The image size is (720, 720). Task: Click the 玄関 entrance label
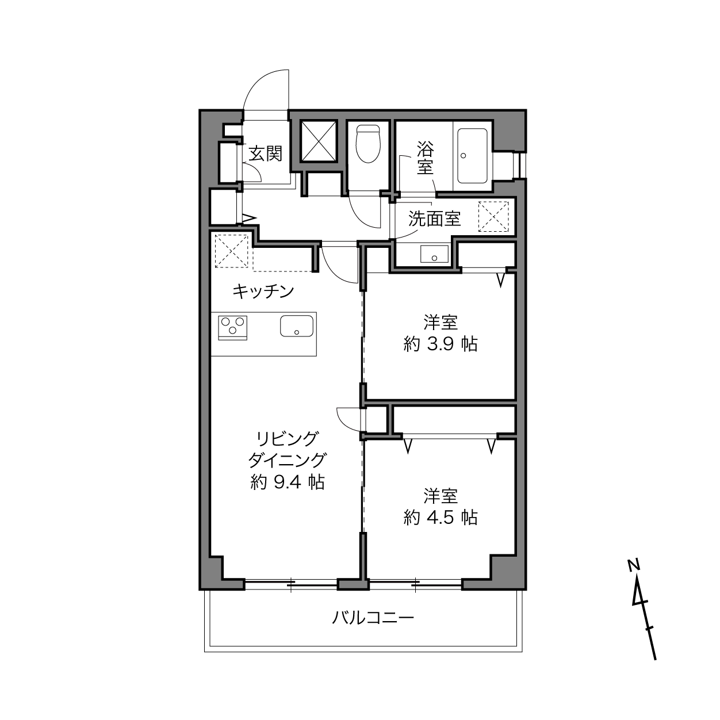(265, 153)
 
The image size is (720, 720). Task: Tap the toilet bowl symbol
(368, 144)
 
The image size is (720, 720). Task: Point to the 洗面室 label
(434, 219)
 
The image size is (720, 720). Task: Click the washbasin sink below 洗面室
(434, 254)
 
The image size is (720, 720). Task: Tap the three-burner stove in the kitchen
(233, 327)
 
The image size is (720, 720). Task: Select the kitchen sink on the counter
(297, 326)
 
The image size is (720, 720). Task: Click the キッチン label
(263, 292)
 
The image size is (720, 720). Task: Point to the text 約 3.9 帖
(441, 344)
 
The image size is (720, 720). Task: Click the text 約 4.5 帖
(441, 518)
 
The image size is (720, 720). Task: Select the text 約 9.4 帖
(288, 482)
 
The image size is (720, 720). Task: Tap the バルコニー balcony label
(373, 618)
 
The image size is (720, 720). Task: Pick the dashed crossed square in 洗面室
(493, 217)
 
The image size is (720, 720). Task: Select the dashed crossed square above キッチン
(231, 250)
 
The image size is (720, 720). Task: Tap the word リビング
(288, 439)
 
